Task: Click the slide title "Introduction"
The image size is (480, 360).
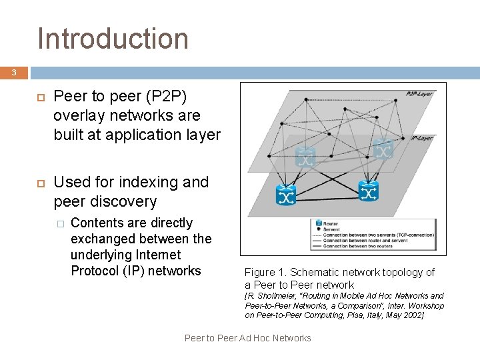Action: pos(113,39)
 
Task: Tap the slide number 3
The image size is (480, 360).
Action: pos(14,73)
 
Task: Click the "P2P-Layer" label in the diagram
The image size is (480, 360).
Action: pos(419,94)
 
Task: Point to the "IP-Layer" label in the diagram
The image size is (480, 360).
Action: pos(421,139)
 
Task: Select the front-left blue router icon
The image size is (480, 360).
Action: pos(286,195)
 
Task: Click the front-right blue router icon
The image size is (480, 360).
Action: pos(368,191)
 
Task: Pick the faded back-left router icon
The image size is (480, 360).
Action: pos(305,158)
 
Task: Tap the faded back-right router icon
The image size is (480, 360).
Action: pos(383,149)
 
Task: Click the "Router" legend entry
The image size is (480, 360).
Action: pos(331,223)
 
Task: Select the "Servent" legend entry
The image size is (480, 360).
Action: pos(332,229)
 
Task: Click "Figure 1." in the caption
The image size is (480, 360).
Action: pos(265,272)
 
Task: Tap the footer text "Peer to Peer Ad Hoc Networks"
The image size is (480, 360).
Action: pos(247,338)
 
